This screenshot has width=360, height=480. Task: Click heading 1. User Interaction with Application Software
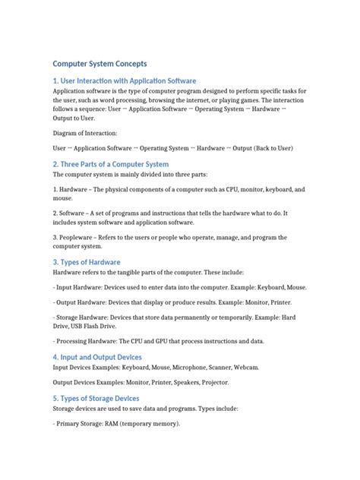(125, 81)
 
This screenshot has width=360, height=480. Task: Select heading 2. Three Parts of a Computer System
(111, 164)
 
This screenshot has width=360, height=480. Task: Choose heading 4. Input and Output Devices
(108, 357)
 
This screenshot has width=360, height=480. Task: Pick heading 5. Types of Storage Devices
(106, 398)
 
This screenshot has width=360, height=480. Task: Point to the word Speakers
(192, 382)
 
